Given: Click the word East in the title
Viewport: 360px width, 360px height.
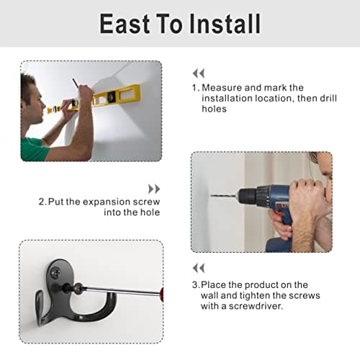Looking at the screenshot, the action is click(125, 24).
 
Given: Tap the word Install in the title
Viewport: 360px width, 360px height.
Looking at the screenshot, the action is click(225, 24).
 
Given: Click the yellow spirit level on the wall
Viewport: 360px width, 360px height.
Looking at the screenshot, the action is click(96, 99).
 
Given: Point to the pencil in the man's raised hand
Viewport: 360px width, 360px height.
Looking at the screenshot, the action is click(76, 84).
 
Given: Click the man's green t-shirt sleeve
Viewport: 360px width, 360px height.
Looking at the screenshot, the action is click(34, 149).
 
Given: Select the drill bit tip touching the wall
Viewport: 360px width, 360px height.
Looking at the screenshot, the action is click(211, 196).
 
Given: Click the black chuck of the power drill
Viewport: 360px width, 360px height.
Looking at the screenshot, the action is click(248, 197).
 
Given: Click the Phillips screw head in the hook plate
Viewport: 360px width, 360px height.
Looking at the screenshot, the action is click(55, 272).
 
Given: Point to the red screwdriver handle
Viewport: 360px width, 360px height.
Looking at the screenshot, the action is click(161, 293).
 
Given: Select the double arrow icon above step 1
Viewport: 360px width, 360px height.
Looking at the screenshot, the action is click(199, 73).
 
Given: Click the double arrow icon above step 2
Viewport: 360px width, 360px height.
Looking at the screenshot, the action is click(154, 189).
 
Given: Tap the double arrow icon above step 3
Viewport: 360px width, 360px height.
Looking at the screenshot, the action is click(199, 268).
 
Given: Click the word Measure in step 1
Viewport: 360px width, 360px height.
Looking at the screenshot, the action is click(222, 88).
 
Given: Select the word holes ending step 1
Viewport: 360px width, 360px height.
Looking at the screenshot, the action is click(214, 109).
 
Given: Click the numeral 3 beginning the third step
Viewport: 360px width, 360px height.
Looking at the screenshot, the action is click(194, 285).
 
